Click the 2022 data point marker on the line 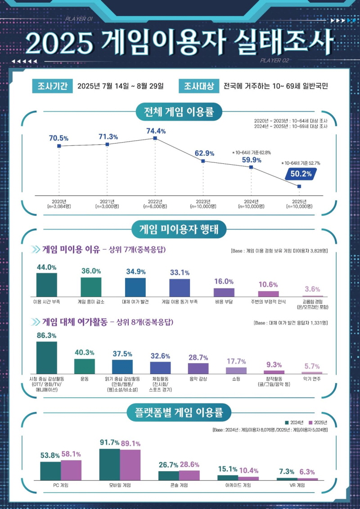[x=155, y=138]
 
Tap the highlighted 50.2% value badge [x=301, y=172]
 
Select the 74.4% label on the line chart [x=156, y=131]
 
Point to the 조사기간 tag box [x=53, y=86]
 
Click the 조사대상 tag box [x=199, y=86]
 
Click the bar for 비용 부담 [x=224, y=292]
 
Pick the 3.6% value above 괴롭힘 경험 [x=312, y=289]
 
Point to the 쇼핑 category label [x=236, y=379]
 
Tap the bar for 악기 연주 [x=312, y=373]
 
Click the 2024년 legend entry [x=295, y=423]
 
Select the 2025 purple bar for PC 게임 [x=71, y=470]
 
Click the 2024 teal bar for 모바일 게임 [x=109, y=464]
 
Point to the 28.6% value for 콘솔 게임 [x=189, y=464]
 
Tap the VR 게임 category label [x=297, y=486]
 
